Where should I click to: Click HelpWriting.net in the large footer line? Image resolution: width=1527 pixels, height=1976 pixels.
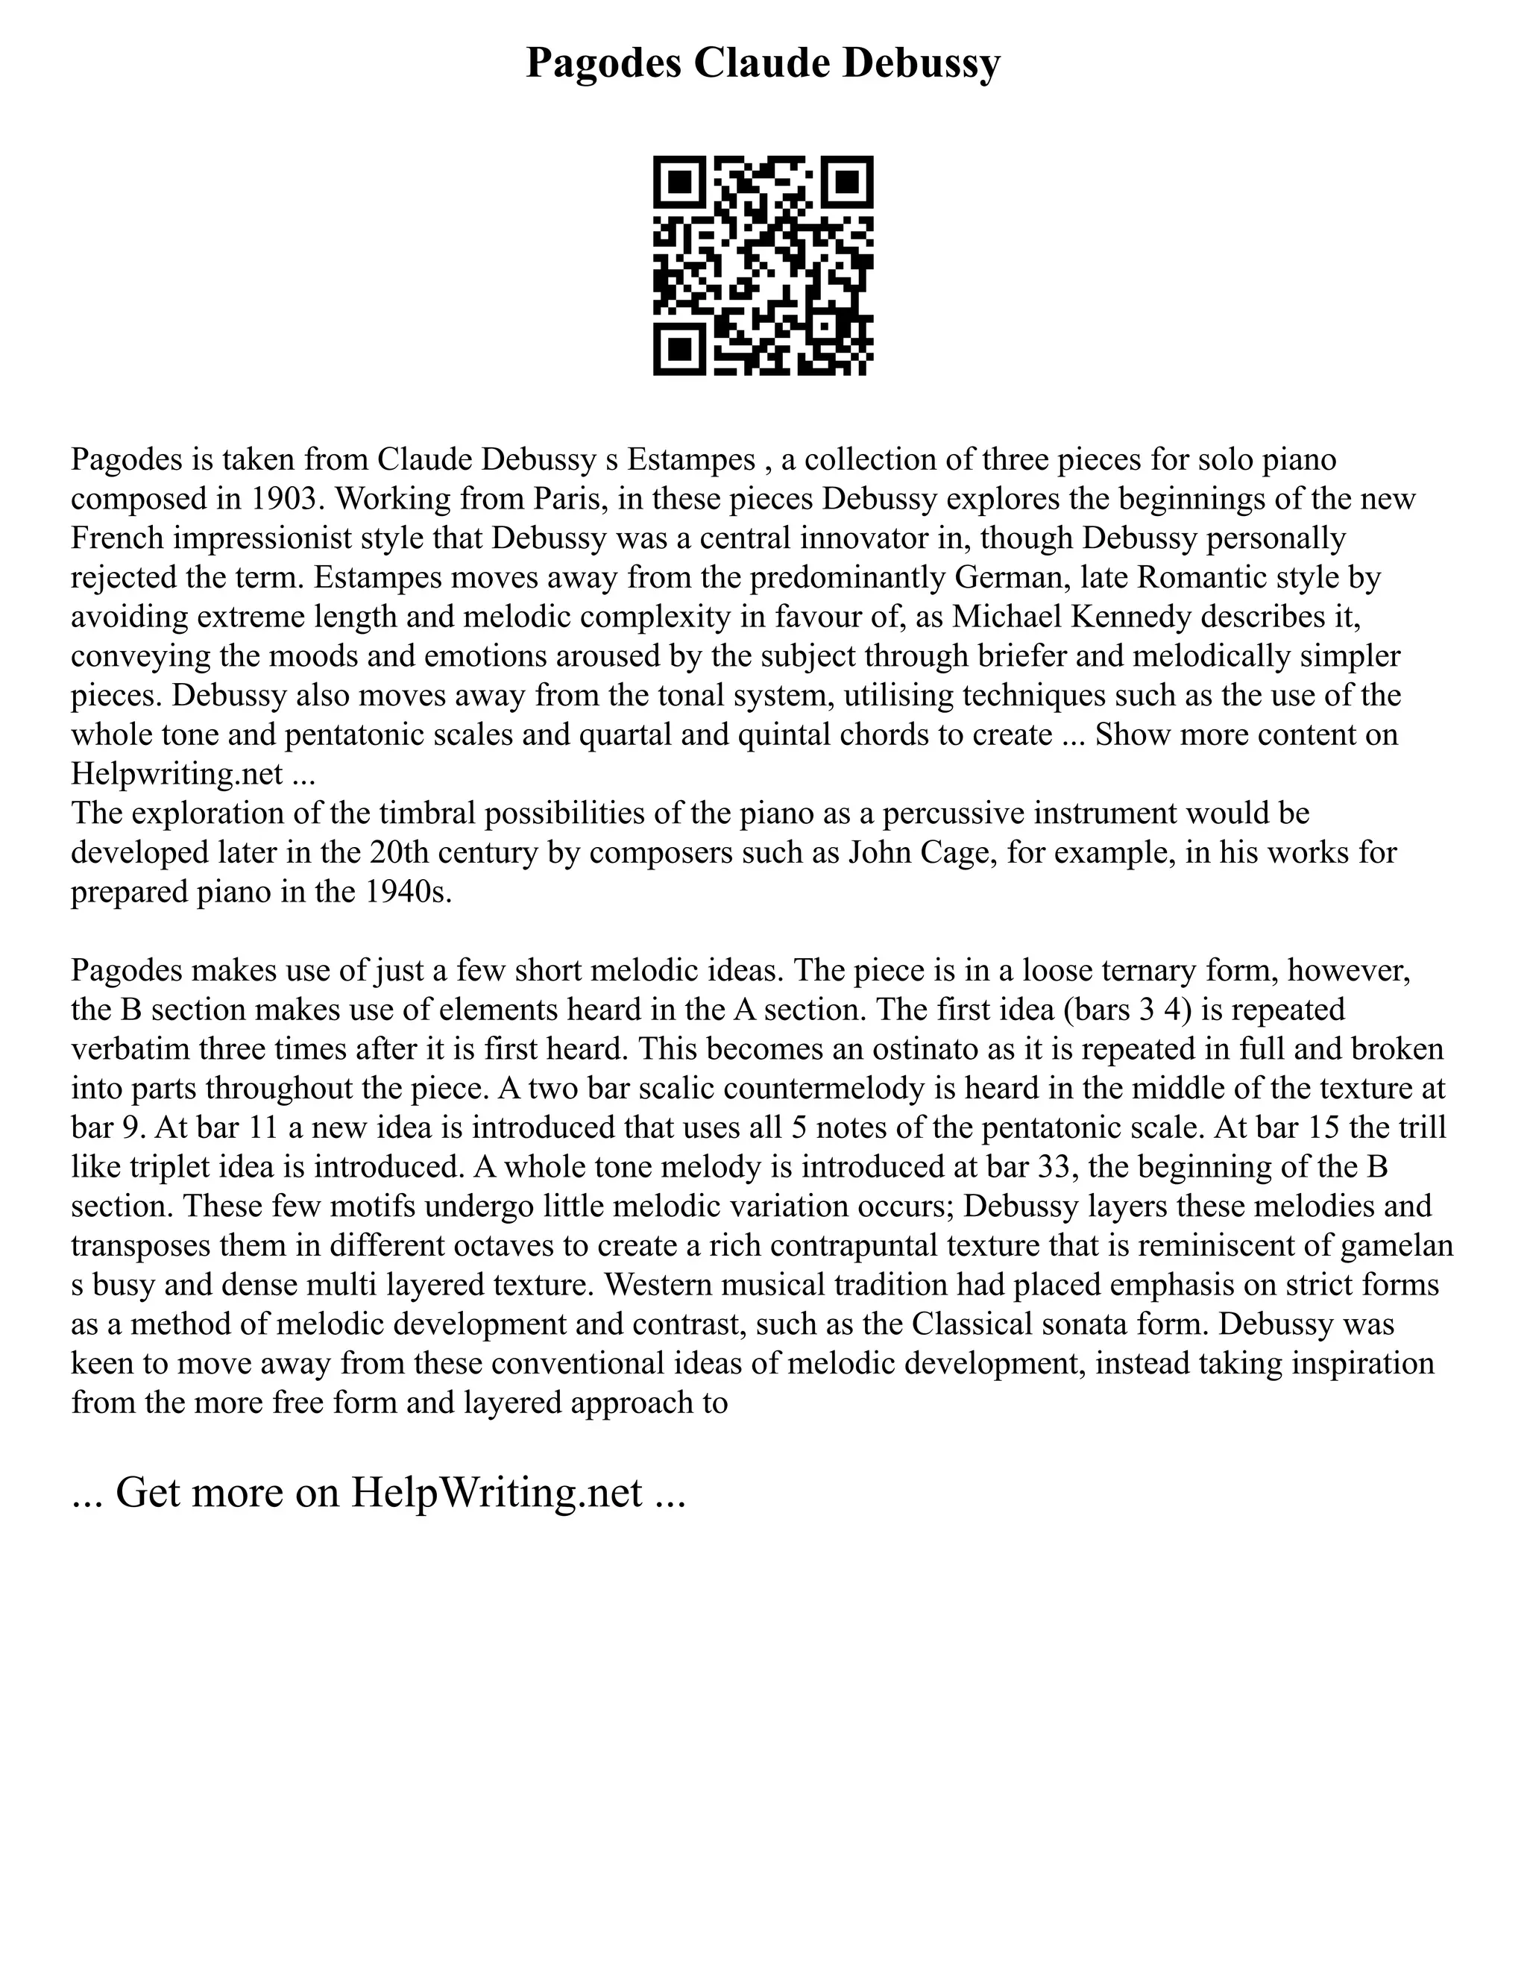tap(497, 1493)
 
